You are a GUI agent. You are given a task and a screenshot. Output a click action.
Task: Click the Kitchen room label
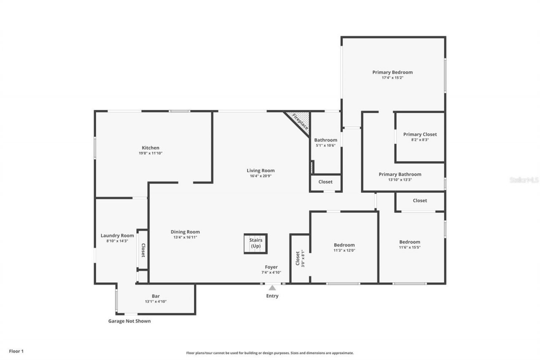click(x=150, y=148)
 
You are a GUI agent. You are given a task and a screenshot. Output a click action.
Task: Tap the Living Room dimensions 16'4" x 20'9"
click(x=260, y=176)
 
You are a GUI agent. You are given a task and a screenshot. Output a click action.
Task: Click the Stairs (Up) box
click(x=256, y=244)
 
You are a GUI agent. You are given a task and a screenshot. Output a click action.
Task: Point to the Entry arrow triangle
click(x=272, y=288)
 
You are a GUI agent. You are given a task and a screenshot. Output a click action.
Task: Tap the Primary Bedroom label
click(x=392, y=72)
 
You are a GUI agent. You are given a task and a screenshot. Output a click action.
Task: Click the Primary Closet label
click(x=420, y=134)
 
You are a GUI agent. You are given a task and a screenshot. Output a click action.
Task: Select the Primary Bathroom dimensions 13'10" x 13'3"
click(x=400, y=180)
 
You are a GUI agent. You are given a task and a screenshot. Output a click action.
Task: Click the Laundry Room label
click(x=117, y=235)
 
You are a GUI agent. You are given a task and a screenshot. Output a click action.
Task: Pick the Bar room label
click(x=156, y=296)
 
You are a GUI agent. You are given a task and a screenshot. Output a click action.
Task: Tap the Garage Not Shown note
click(x=129, y=321)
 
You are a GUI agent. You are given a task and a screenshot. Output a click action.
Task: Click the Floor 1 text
click(x=16, y=351)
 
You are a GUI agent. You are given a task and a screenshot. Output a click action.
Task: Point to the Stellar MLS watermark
click(x=524, y=180)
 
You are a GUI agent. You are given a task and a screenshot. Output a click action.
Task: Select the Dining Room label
click(x=185, y=232)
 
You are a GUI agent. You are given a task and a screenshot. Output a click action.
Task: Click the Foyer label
click(x=271, y=267)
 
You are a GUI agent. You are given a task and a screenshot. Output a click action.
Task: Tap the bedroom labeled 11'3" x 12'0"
click(x=344, y=245)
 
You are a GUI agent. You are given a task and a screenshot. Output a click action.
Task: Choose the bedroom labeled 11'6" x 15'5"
click(x=410, y=242)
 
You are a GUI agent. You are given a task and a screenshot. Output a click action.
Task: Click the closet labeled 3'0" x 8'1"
click(x=300, y=259)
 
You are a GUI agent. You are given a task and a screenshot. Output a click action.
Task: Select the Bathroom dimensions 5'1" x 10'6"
click(x=326, y=146)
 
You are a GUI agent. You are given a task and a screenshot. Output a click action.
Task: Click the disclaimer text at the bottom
click(x=270, y=353)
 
